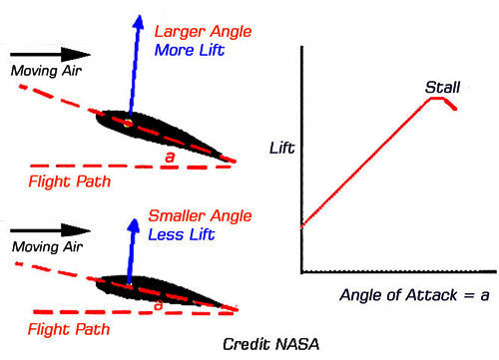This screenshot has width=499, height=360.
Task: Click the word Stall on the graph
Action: tap(441, 87)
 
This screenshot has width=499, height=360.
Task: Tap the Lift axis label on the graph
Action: tap(282, 150)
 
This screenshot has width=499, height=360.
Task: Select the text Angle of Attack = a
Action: tap(399, 294)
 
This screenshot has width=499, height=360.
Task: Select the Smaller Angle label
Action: tap(197, 216)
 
